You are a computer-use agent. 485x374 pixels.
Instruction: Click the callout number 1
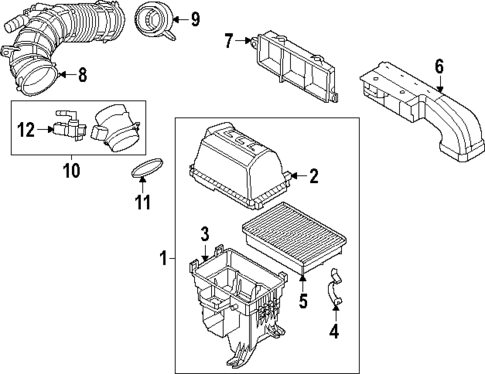(163, 259)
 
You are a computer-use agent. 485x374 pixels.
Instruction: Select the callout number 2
(313, 177)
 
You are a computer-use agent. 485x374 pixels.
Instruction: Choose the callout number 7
(229, 41)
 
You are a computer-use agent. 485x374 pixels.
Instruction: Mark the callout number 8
(83, 72)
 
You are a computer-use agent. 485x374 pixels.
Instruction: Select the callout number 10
(71, 171)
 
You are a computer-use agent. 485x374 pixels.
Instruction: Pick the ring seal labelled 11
(147, 167)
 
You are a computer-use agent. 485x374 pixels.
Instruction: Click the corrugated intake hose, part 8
(70, 40)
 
